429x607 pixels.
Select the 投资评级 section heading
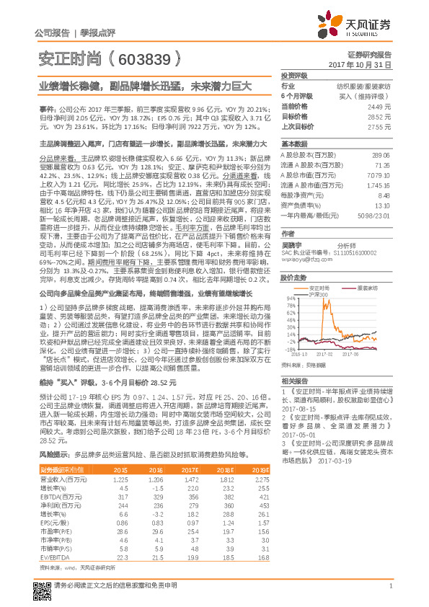pos(294,75)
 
